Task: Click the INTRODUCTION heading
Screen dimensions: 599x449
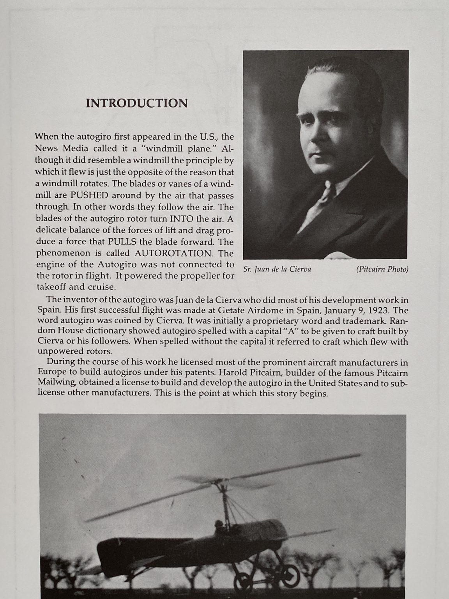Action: pyautogui.click(x=136, y=103)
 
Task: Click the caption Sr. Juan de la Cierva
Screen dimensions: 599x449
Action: pyautogui.click(x=277, y=269)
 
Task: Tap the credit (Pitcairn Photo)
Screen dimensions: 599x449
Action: pyautogui.click(x=382, y=269)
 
